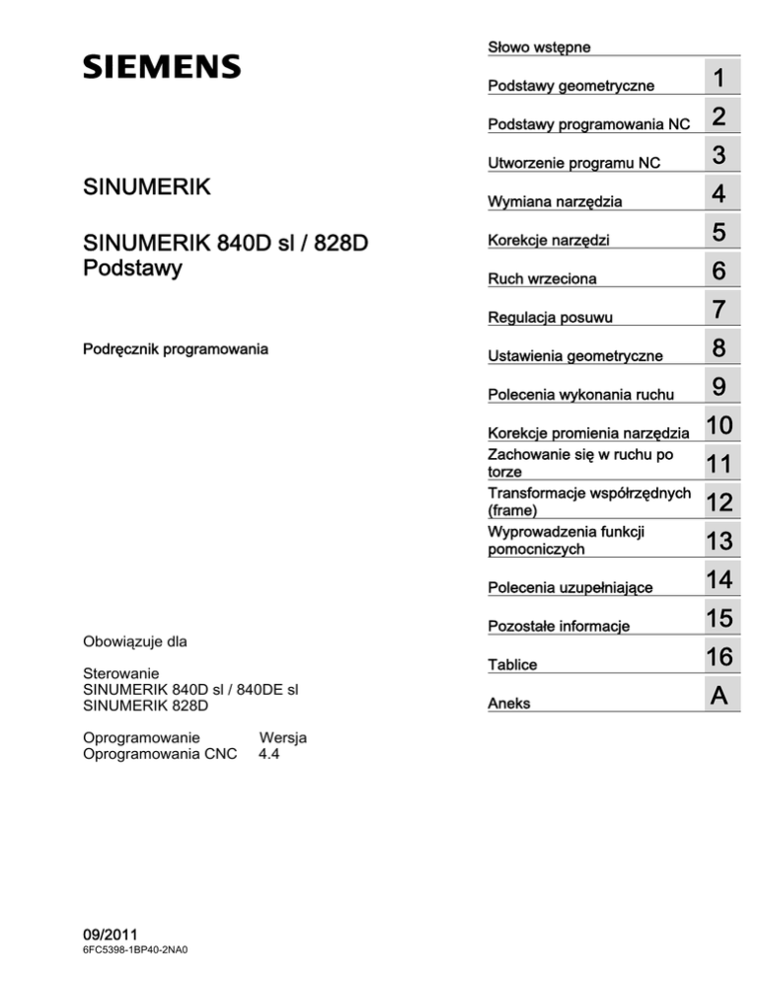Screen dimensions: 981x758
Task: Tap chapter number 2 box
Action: [720, 117]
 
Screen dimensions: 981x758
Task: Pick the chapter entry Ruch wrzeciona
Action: [542, 279]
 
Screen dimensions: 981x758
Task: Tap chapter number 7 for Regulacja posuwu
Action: [720, 311]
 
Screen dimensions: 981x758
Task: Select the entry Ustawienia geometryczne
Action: [576, 353]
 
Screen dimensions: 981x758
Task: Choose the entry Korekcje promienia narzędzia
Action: [589, 433]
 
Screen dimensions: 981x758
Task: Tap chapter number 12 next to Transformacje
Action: [720, 503]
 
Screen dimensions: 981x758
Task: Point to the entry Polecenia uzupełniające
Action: [570, 588]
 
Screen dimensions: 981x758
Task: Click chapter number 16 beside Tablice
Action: [720, 657]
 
